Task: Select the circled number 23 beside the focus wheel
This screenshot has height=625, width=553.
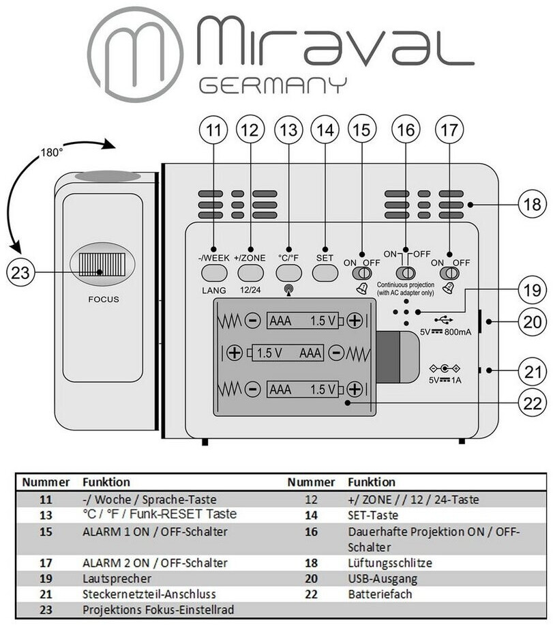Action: (20, 273)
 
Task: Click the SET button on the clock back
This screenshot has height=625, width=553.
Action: (325, 273)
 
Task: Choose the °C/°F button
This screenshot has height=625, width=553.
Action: (288, 273)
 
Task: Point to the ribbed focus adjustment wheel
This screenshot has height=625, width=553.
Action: (102, 264)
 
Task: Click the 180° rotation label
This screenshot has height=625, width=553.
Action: (51, 154)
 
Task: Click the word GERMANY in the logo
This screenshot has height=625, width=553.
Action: (273, 85)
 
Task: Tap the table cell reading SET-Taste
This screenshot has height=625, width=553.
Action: (373, 515)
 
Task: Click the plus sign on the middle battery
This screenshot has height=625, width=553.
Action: (235, 353)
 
